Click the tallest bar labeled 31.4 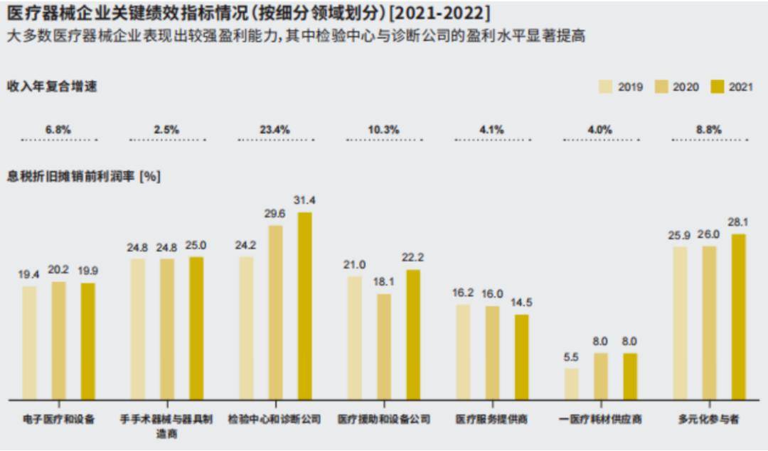(x=304, y=305)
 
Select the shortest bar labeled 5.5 (x=571, y=384)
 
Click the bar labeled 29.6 (x=275, y=313)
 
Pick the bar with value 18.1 (x=384, y=347)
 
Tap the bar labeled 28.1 (x=738, y=316)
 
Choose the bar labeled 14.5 (x=521, y=357)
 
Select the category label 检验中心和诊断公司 (x=274, y=420)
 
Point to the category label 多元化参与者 (x=708, y=420)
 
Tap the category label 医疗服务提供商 (x=491, y=420)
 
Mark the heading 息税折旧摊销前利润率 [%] (x=84, y=176)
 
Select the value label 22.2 (x=413, y=256)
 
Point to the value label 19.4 (x=29, y=273)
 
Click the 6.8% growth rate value (x=58, y=130)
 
